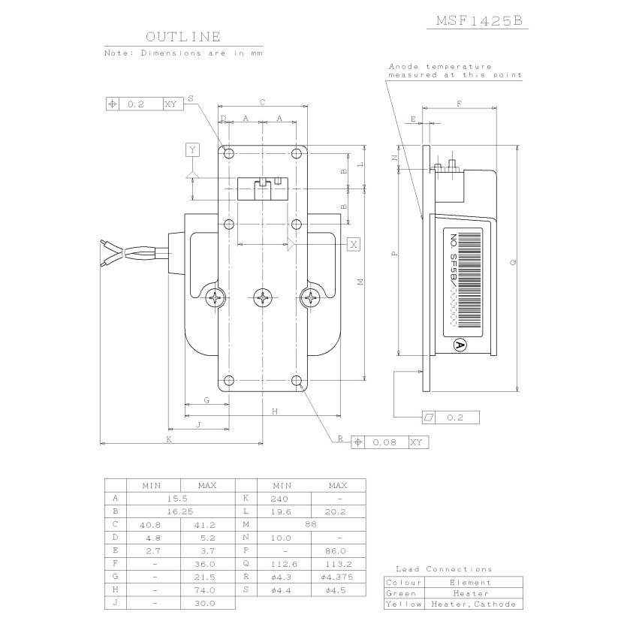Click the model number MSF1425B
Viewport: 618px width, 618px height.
pyautogui.click(x=479, y=20)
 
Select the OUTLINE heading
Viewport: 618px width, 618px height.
pyautogui.click(x=183, y=37)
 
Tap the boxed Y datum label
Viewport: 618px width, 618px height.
pyautogui.click(x=192, y=149)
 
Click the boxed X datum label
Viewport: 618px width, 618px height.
pyautogui.click(x=354, y=244)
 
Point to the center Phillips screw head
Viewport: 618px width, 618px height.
pyautogui.click(x=263, y=297)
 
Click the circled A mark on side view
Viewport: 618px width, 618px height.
pyautogui.click(x=460, y=345)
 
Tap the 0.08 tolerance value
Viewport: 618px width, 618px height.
pyautogui.click(x=384, y=442)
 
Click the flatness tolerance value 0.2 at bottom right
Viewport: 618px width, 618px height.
pyautogui.click(x=455, y=418)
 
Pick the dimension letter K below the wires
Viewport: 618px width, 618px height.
pyautogui.click(x=169, y=439)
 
